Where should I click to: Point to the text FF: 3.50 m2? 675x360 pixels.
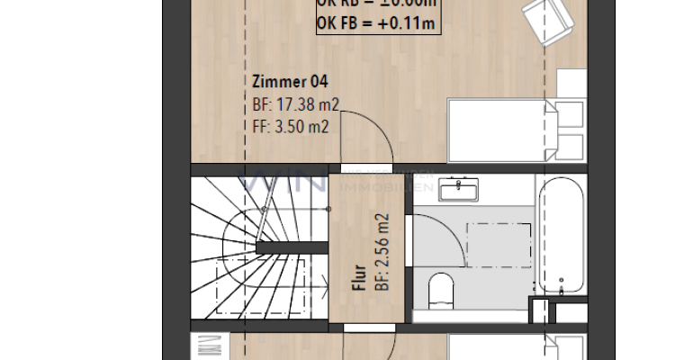290,127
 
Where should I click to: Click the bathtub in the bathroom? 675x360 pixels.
562,236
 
